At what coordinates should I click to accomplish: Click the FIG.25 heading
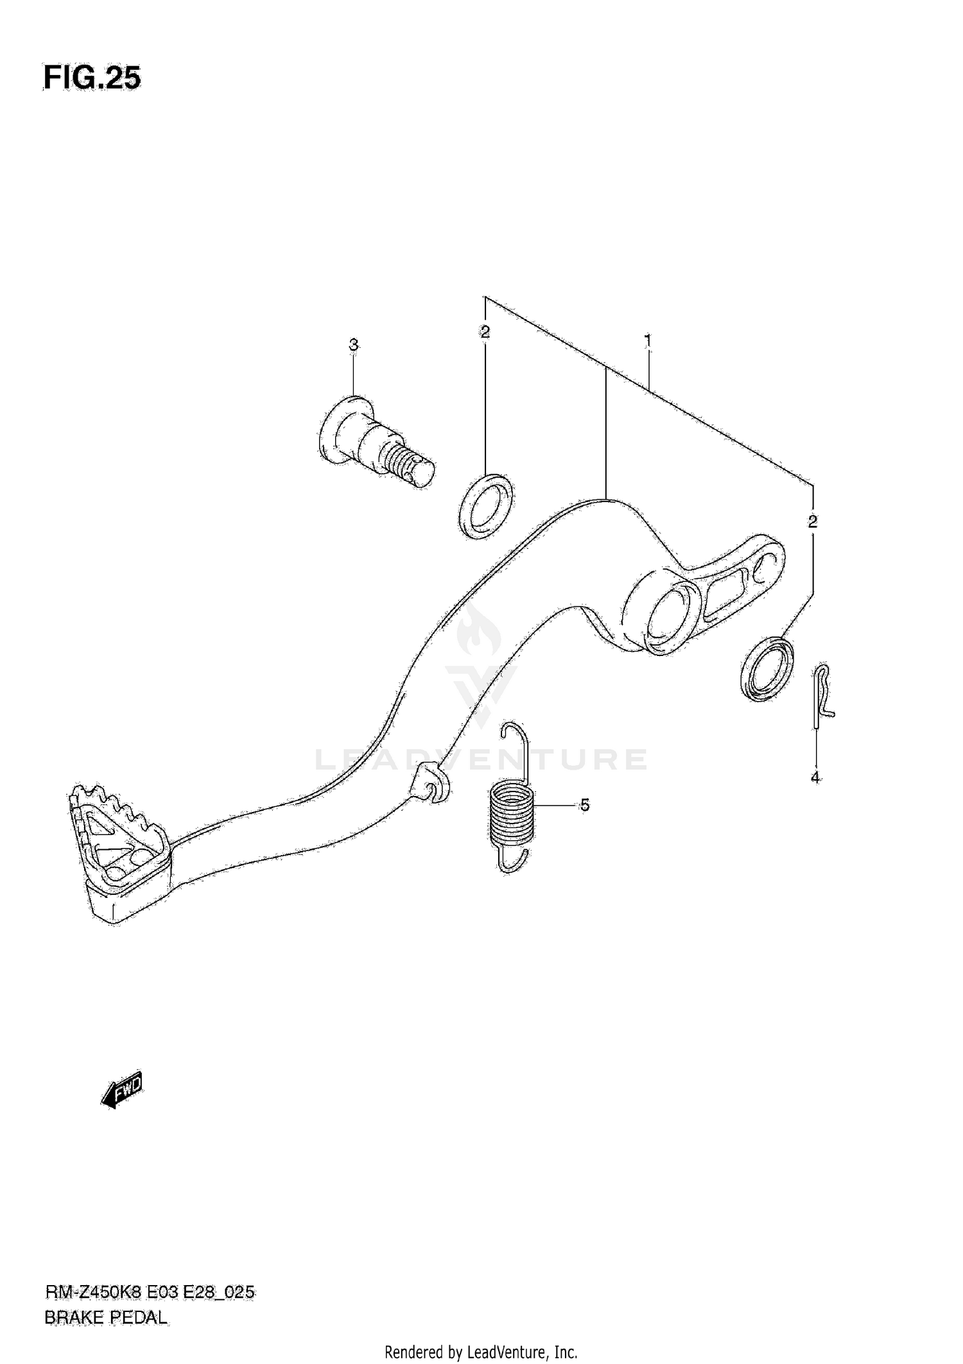tap(92, 78)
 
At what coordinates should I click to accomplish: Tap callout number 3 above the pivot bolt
tap(353, 345)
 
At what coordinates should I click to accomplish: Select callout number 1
tap(648, 340)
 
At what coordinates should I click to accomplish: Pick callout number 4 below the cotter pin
tap(815, 778)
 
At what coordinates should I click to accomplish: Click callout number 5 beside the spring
tap(584, 805)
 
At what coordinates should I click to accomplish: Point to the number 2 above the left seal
tap(485, 332)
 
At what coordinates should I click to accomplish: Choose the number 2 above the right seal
tap(813, 521)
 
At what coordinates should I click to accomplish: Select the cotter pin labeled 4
tap(822, 696)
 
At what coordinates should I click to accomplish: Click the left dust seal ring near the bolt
tap(486, 506)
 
